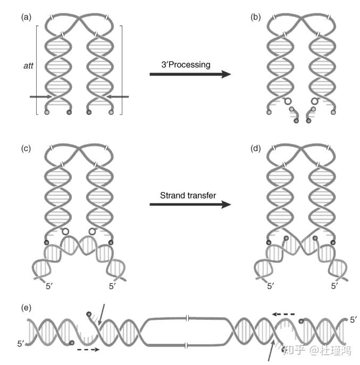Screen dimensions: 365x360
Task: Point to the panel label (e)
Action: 26,308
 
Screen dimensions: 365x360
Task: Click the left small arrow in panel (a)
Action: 40,96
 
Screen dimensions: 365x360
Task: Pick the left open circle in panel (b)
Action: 288,101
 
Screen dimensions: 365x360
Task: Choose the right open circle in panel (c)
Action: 93,232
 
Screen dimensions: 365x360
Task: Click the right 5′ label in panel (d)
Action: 335,286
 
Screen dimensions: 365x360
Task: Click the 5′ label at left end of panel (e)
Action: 21,343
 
